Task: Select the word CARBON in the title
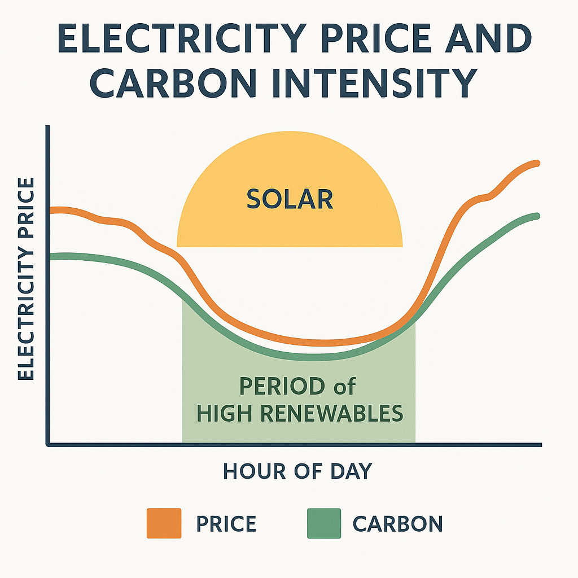point(169,83)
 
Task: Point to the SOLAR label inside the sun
point(290,199)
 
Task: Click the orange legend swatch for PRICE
point(164,523)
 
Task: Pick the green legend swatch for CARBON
point(324,523)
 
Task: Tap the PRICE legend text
point(226,524)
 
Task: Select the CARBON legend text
point(397,524)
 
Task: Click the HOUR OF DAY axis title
point(297,471)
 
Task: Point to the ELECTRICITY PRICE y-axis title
point(26,279)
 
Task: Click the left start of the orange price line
point(52,210)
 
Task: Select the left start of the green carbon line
point(52,257)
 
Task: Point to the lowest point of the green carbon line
point(310,357)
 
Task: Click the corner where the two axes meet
point(49,445)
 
